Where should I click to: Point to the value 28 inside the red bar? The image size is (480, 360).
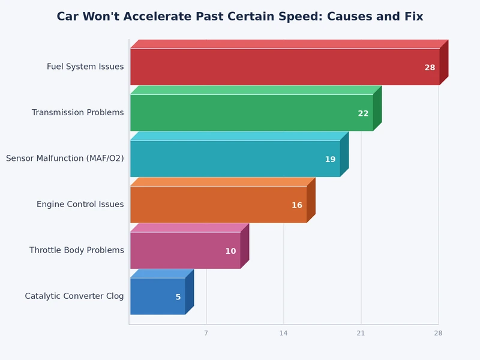point(430,68)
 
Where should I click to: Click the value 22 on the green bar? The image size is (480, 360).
point(363,113)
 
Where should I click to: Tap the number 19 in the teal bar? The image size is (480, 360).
point(330,160)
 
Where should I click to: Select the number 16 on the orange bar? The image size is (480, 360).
point(297,205)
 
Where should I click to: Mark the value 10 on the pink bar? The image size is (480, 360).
point(230,251)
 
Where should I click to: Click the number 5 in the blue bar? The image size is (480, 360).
point(178,297)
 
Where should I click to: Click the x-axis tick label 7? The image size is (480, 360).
point(206,333)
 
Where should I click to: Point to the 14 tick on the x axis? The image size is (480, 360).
point(283,333)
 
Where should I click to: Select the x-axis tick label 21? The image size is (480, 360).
point(361,333)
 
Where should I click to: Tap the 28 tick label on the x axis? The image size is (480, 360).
point(438,333)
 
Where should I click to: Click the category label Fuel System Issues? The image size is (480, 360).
point(85,67)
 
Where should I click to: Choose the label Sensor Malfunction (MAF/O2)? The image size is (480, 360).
point(65,158)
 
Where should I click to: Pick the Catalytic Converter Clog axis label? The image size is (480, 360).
point(74,296)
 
